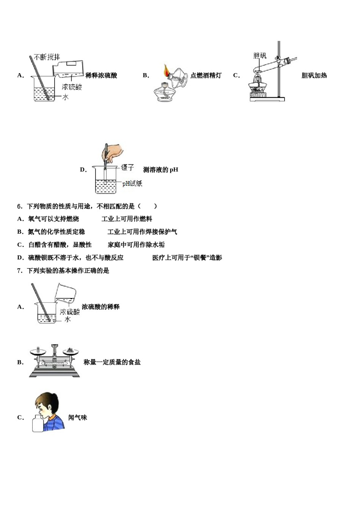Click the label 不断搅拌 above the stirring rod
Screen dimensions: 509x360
(x=47, y=57)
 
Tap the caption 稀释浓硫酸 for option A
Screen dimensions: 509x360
(x=101, y=75)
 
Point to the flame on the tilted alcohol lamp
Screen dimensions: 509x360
(x=166, y=70)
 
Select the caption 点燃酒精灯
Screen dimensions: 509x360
(x=206, y=75)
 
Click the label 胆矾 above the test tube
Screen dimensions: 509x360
(x=260, y=56)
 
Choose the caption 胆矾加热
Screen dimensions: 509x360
(x=314, y=75)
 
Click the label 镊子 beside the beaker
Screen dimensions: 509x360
(x=128, y=167)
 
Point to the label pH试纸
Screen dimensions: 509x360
(x=132, y=183)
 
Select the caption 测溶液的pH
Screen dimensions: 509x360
(x=160, y=170)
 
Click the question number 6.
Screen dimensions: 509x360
(x=20, y=206)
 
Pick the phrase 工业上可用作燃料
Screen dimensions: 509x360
(x=127, y=219)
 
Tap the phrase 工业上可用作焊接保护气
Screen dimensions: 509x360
(x=142, y=232)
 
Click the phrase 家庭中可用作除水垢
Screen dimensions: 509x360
(x=136, y=245)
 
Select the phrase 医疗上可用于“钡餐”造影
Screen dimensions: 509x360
(x=187, y=258)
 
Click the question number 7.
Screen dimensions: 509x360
(x=20, y=270)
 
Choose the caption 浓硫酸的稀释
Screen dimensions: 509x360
(x=100, y=307)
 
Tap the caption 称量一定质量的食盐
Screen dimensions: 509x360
(x=112, y=362)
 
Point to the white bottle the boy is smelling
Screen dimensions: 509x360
(x=38, y=423)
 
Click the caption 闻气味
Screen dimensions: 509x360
(x=78, y=417)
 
